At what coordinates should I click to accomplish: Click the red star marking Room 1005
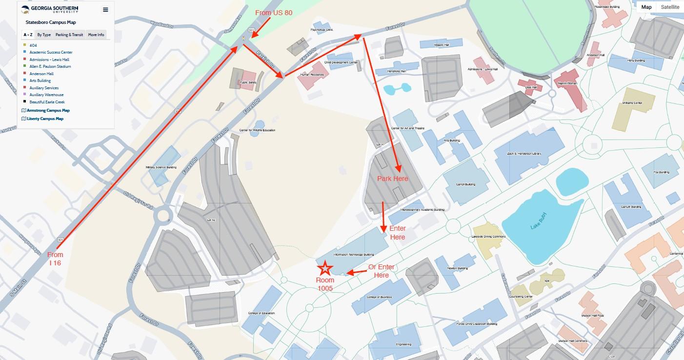tap(325, 268)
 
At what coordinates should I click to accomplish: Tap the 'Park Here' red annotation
tap(392, 179)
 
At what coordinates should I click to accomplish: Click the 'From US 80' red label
tap(274, 13)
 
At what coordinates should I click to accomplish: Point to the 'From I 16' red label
tap(55, 259)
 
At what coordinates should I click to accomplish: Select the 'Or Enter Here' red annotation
tap(381, 271)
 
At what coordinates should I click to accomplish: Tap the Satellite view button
tap(670, 7)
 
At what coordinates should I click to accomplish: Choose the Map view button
tap(646, 7)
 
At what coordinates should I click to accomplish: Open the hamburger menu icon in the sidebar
tap(105, 10)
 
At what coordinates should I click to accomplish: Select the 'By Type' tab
tap(44, 35)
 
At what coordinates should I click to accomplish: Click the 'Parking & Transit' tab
tap(69, 35)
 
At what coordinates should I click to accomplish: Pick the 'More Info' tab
tap(96, 35)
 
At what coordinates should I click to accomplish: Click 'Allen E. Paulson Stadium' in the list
tap(50, 66)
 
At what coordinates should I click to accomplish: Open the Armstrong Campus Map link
tap(48, 111)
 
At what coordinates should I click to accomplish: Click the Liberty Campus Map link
tap(45, 119)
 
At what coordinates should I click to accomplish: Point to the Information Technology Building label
tap(353, 255)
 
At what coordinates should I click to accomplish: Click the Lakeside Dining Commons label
tap(488, 237)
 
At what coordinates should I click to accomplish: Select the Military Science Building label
tap(161, 167)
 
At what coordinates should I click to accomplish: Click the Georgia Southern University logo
tap(50, 10)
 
